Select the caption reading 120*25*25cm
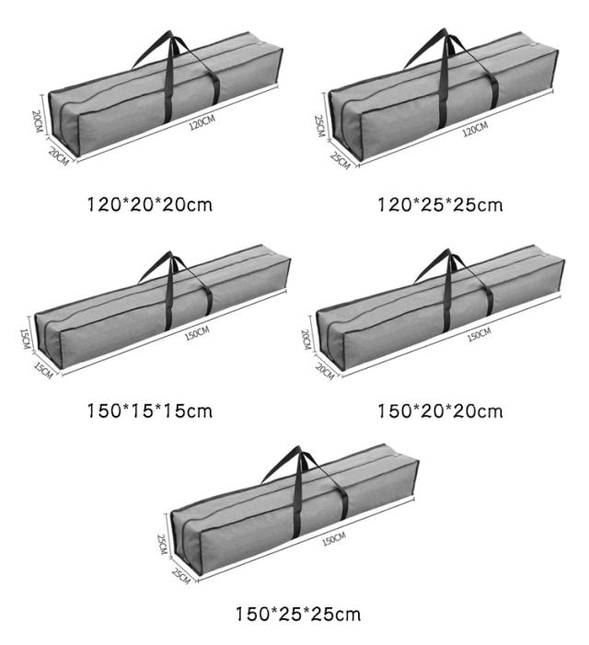440,204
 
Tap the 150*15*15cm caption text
149,410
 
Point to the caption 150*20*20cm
440,410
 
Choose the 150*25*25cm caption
296,613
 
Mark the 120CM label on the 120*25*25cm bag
474,129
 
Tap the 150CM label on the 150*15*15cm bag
197,332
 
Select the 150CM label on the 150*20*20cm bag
479,334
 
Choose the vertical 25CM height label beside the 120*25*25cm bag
319,125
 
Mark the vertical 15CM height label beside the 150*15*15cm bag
27,340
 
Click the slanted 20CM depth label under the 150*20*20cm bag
324,370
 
